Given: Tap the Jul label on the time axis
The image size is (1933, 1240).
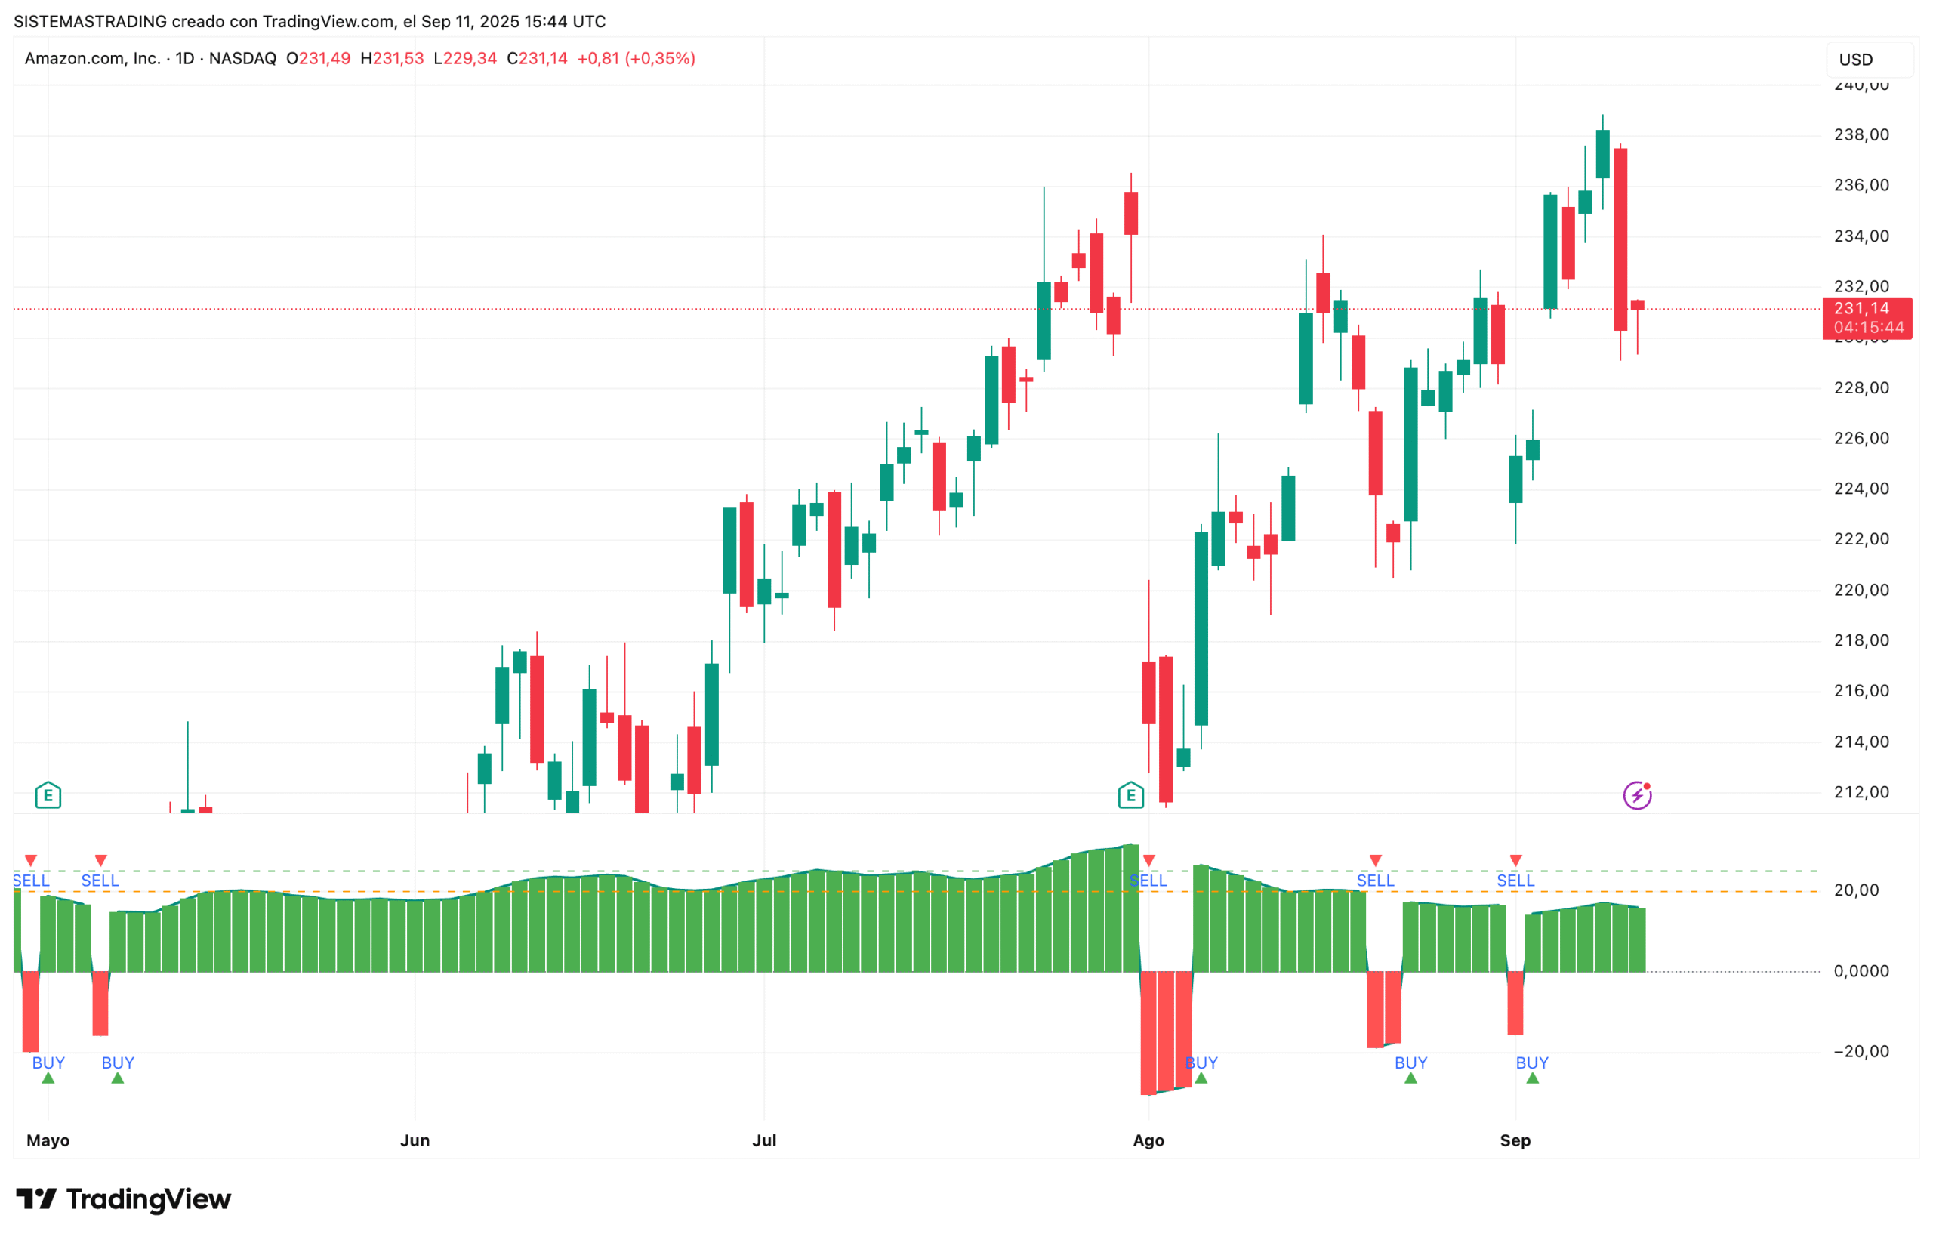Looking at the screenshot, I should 763,1140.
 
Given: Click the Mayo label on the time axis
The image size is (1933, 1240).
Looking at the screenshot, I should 48,1140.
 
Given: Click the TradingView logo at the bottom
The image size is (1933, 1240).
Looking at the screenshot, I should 123,1199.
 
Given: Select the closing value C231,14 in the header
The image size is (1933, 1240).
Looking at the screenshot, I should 536,59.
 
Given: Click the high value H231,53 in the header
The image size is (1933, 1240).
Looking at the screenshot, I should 391,59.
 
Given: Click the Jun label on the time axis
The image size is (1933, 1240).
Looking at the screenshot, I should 414,1140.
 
